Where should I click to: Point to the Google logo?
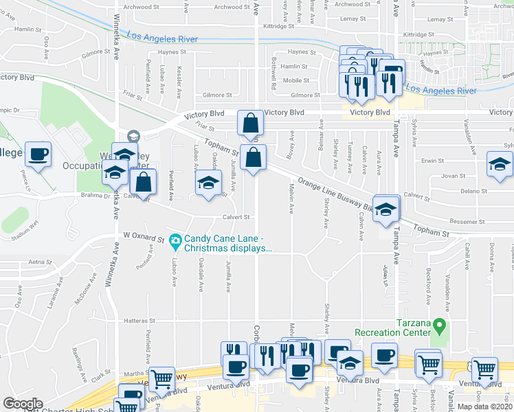(x=23, y=404)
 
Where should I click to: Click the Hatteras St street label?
(x=138, y=320)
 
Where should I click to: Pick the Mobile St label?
(x=296, y=80)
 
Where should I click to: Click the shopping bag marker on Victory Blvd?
(x=250, y=124)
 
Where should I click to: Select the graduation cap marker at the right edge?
(x=500, y=164)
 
